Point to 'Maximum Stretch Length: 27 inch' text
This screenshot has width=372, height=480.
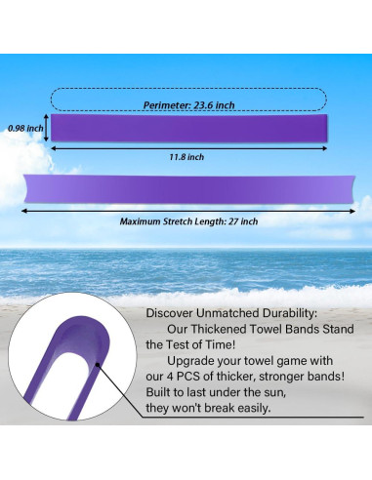pos(188,221)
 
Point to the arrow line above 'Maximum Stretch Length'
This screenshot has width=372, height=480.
pos(188,209)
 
